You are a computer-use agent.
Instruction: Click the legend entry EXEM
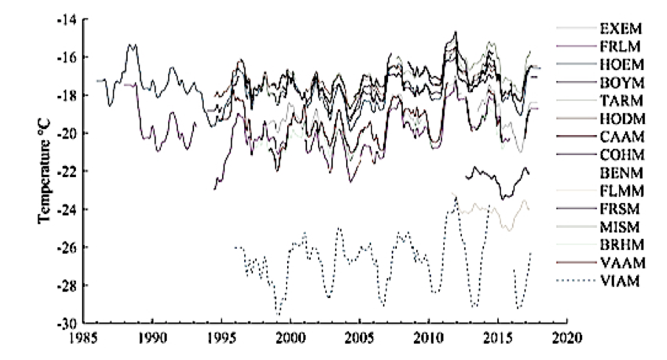pyautogui.click(x=622, y=30)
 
